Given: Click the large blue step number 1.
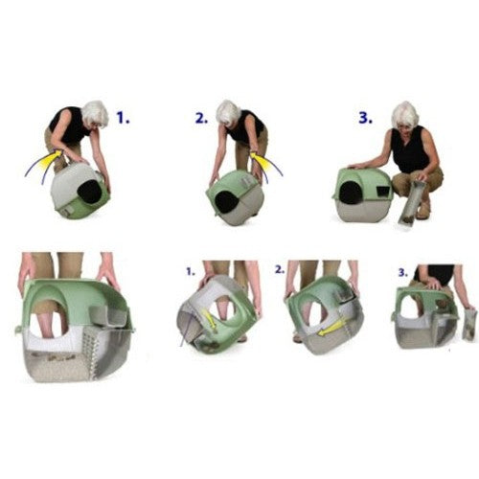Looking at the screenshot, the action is pos(123,118).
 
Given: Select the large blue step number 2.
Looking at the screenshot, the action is pos(201,118).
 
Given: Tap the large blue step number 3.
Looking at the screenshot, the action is pos(365,118).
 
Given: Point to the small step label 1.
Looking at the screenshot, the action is pos(191,272).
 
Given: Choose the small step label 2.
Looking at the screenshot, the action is pos(280,269).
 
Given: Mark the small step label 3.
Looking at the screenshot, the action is pos(403,272).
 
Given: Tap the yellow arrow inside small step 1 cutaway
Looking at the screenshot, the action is pos(209,319).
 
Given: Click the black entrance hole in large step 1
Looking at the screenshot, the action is pos(90,192).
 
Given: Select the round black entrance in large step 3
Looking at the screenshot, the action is pos(351,192).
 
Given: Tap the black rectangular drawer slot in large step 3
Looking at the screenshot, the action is pos(383,192).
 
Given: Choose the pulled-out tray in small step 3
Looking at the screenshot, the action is pos(469,323).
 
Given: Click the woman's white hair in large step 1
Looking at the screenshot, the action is pos(95,113).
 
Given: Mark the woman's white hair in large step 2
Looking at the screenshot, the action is pos(227,112).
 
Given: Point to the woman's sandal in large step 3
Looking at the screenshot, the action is pos(424,211).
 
